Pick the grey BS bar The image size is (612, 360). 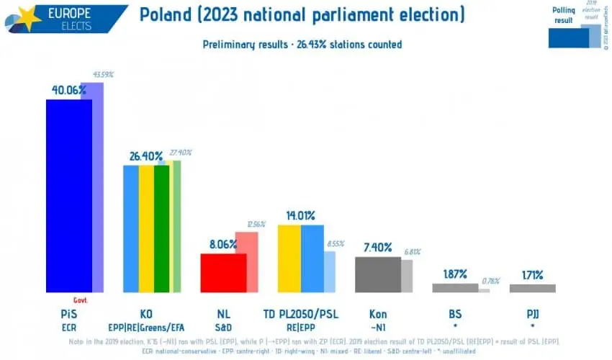455,287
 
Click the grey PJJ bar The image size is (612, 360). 532,288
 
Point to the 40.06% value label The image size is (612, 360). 68,90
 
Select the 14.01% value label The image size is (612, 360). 300,215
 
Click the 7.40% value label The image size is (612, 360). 377,247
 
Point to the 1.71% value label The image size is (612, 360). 532,274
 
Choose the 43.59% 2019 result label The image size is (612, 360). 102,74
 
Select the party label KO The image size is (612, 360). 146,314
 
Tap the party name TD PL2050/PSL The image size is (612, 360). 301,314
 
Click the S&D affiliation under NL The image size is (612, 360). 223,327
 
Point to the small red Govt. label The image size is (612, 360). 81,300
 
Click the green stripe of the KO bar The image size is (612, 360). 161,228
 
